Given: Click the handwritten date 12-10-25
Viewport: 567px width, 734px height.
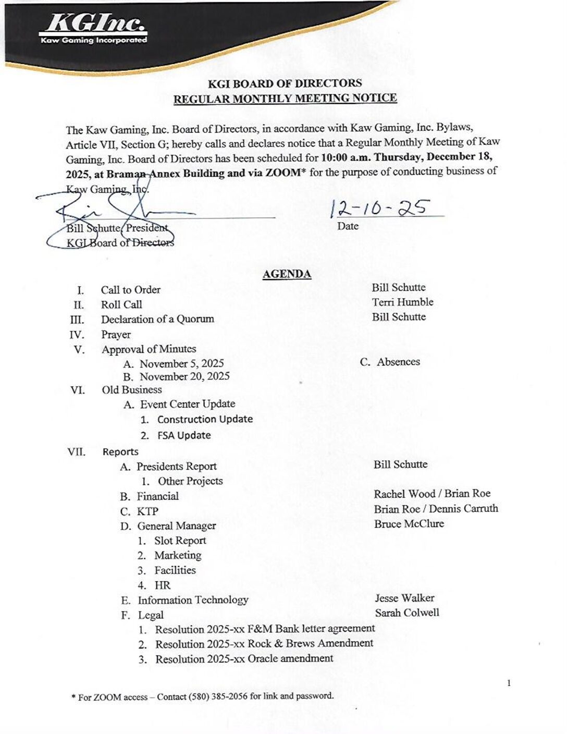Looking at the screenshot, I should [380, 208].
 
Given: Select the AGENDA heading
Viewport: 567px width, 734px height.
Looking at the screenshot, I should [287, 274].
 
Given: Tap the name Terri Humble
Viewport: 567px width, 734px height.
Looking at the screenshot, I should [402, 302].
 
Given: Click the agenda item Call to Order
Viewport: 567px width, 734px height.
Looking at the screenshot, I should [130, 290].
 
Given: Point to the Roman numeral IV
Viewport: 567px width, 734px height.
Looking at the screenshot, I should [77, 335].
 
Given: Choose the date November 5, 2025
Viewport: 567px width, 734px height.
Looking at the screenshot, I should [181, 363].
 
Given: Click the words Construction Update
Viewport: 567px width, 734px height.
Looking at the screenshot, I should [205, 419].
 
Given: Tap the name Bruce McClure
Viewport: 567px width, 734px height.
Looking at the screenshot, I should [409, 523].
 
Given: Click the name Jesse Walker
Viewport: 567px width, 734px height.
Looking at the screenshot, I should [404, 598].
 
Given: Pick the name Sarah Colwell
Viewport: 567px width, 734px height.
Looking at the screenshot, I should [406, 613].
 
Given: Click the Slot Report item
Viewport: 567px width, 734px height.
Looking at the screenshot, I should [180, 541].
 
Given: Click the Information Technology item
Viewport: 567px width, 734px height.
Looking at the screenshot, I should [193, 600].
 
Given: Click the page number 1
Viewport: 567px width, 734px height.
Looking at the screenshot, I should [509, 683].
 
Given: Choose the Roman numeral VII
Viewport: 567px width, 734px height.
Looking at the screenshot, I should [77, 451].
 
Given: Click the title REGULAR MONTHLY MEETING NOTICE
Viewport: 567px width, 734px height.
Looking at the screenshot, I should [285, 98].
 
